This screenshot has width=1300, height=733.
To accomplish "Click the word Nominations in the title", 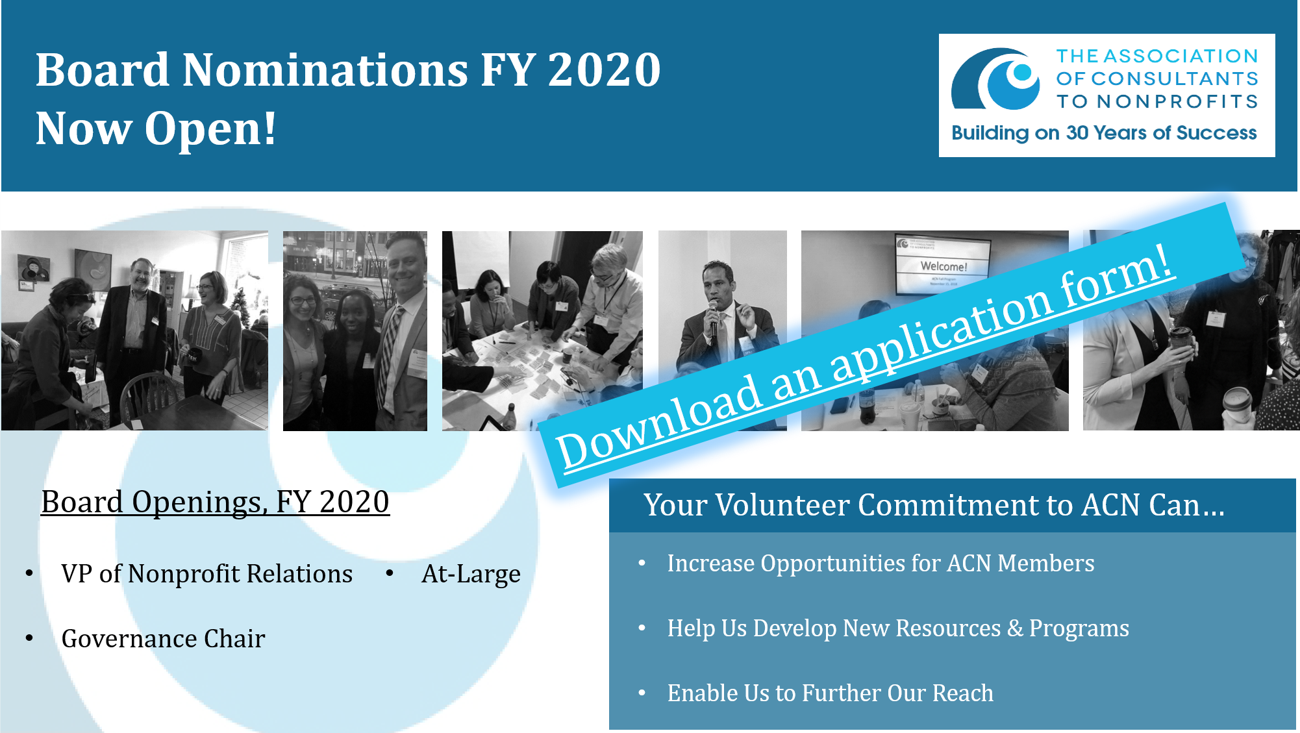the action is (x=325, y=69).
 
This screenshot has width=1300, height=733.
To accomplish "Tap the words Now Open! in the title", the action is (x=156, y=128).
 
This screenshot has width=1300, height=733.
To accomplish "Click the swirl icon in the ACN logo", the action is (x=996, y=79).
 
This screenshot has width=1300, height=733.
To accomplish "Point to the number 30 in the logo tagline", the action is (x=1077, y=132).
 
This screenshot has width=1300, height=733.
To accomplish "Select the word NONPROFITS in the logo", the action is (x=1177, y=101).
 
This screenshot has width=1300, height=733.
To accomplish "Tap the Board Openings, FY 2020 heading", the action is (x=215, y=502).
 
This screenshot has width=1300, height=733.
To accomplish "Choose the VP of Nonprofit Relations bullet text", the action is (x=207, y=574).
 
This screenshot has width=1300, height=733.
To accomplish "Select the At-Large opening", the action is (x=471, y=574).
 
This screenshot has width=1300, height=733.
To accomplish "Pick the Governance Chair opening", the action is (x=164, y=639).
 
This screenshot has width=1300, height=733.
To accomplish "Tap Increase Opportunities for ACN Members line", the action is (x=881, y=564).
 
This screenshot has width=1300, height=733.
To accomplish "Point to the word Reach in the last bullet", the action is (x=963, y=693).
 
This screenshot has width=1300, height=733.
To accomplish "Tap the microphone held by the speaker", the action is (x=713, y=318).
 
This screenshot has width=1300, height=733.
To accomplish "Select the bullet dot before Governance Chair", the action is (x=29, y=638).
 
